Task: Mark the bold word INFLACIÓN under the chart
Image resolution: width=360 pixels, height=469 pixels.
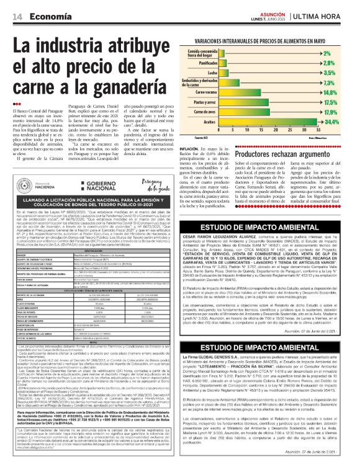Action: tap(189, 149)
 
